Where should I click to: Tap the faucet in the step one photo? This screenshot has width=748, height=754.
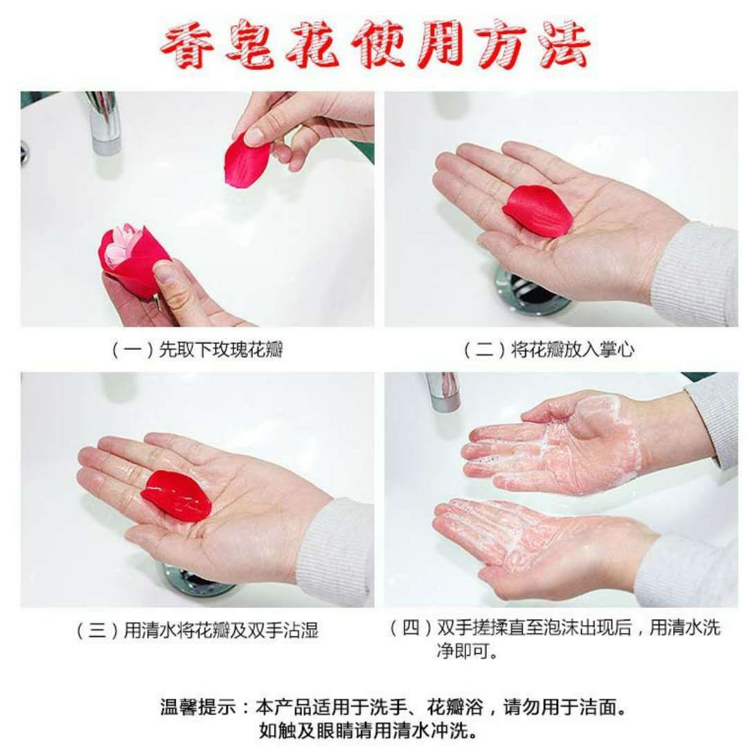coord(103,123)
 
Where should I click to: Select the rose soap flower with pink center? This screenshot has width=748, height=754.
coord(130,260)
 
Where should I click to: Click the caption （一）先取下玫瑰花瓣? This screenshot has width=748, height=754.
coord(197,350)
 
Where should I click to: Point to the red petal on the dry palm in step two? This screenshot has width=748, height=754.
coord(537,210)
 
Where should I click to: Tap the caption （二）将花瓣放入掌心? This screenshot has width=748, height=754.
coord(549,350)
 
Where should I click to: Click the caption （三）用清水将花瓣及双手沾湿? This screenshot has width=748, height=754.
coord(197,630)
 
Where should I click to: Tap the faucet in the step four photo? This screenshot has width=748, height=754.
coord(443,391)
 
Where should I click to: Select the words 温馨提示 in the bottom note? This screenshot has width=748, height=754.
coord(197,708)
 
